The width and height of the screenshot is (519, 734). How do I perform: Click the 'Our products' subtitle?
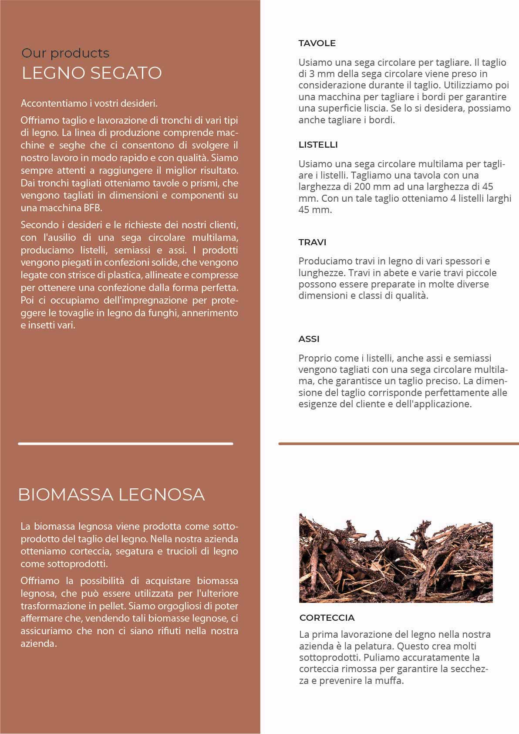(x=65, y=53)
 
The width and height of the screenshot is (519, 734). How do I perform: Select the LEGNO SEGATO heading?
(x=92, y=73)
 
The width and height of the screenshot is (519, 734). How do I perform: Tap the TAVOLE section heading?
(x=317, y=43)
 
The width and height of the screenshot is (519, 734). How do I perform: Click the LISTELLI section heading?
(x=318, y=145)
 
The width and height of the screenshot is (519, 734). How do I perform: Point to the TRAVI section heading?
(x=312, y=242)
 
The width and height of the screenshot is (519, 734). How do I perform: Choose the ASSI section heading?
(x=309, y=339)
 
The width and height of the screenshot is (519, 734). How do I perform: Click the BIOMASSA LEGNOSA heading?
(x=111, y=494)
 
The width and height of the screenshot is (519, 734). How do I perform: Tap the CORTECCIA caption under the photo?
(x=327, y=618)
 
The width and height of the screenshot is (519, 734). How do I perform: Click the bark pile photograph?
(x=396, y=558)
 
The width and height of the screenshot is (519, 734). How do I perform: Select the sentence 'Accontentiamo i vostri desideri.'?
(x=89, y=104)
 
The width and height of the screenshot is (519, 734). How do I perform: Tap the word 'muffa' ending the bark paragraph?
(x=389, y=680)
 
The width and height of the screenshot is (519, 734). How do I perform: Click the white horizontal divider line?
(x=125, y=444)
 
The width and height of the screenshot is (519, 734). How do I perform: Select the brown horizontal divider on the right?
(x=398, y=444)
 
